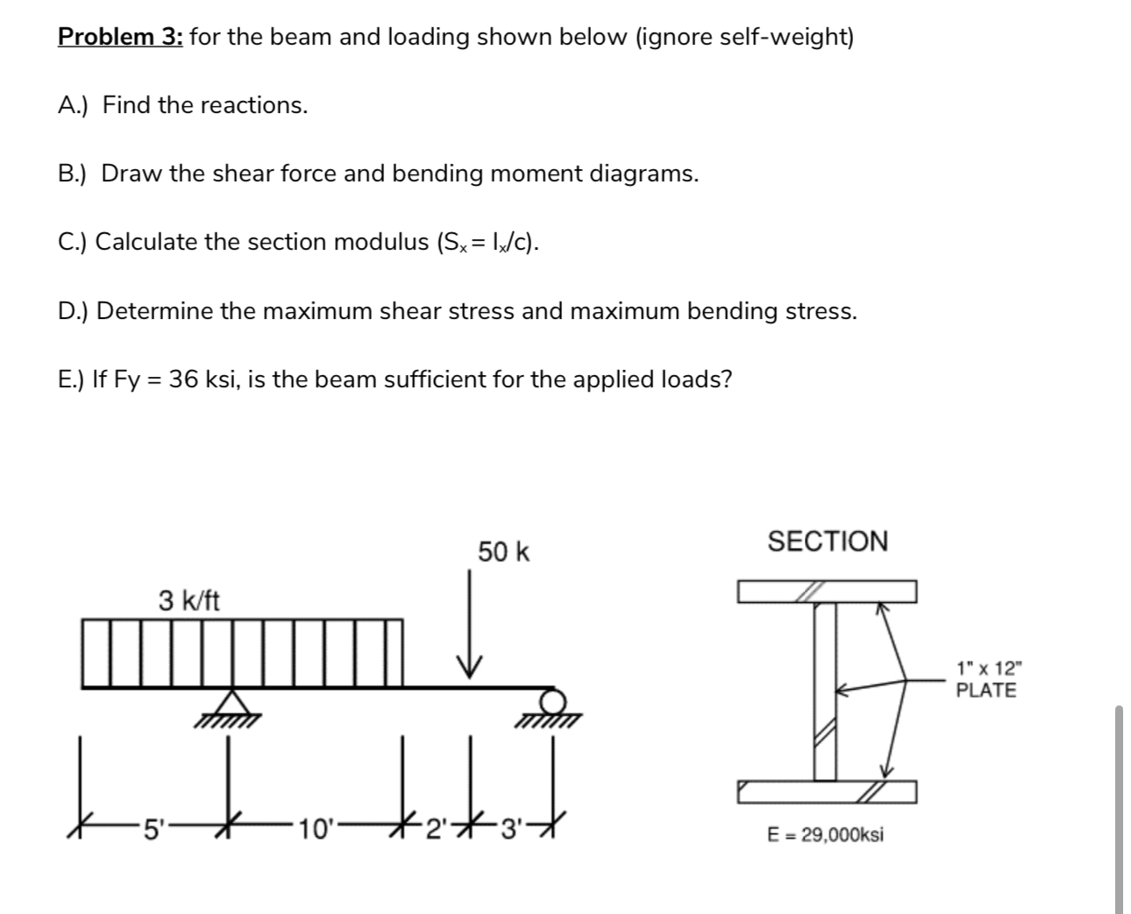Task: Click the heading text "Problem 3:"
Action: click(120, 37)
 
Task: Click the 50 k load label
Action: click(503, 552)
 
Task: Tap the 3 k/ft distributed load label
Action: click(189, 601)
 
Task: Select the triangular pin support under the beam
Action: click(231, 705)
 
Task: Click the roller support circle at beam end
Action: click(552, 701)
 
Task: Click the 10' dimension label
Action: click(313, 828)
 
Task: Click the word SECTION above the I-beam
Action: click(828, 542)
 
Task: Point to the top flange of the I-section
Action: click(828, 592)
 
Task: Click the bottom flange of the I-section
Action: click(828, 792)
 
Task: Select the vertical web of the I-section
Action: click(825, 692)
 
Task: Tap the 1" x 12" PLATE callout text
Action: click(986, 678)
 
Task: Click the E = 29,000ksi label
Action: click(825, 834)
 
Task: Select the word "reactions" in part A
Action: click(254, 105)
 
